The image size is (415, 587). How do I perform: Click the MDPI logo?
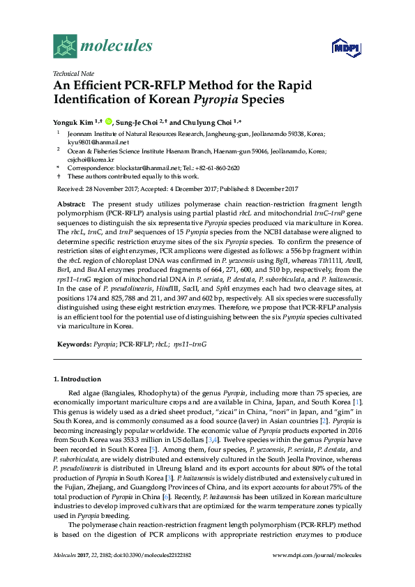342,47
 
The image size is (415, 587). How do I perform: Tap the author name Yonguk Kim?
72,119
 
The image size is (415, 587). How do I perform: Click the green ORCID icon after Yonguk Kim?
108,119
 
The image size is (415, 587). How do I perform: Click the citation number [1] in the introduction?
357,402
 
